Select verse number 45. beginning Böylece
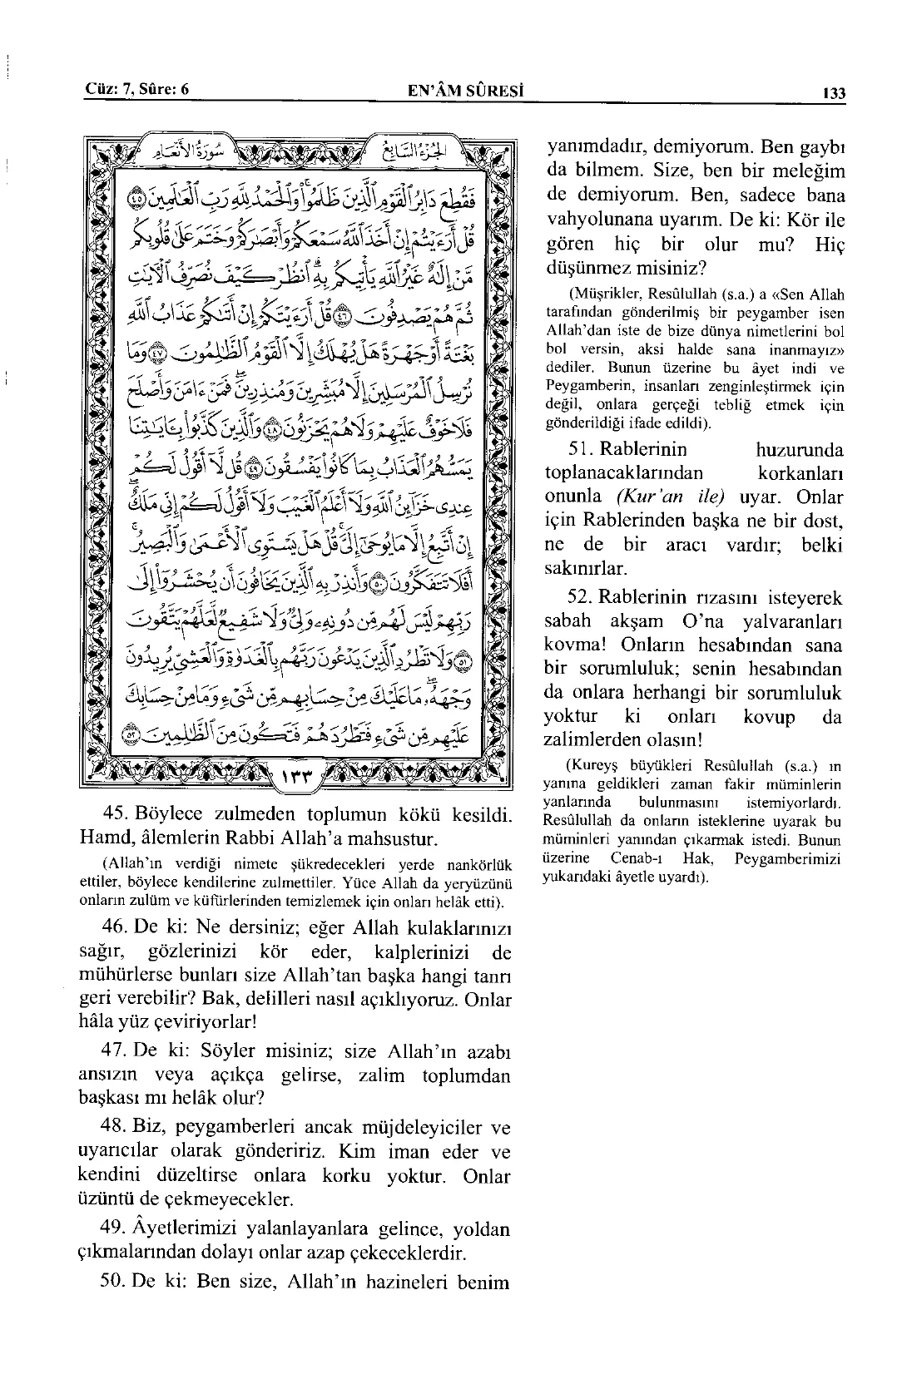[x=114, y=812]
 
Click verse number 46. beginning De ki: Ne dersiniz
[x=114, y=927]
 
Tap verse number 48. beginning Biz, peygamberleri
[x=114, y=1128]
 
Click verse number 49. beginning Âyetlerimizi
[x=114, y=1228]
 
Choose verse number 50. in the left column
[x=114, y=1282]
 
